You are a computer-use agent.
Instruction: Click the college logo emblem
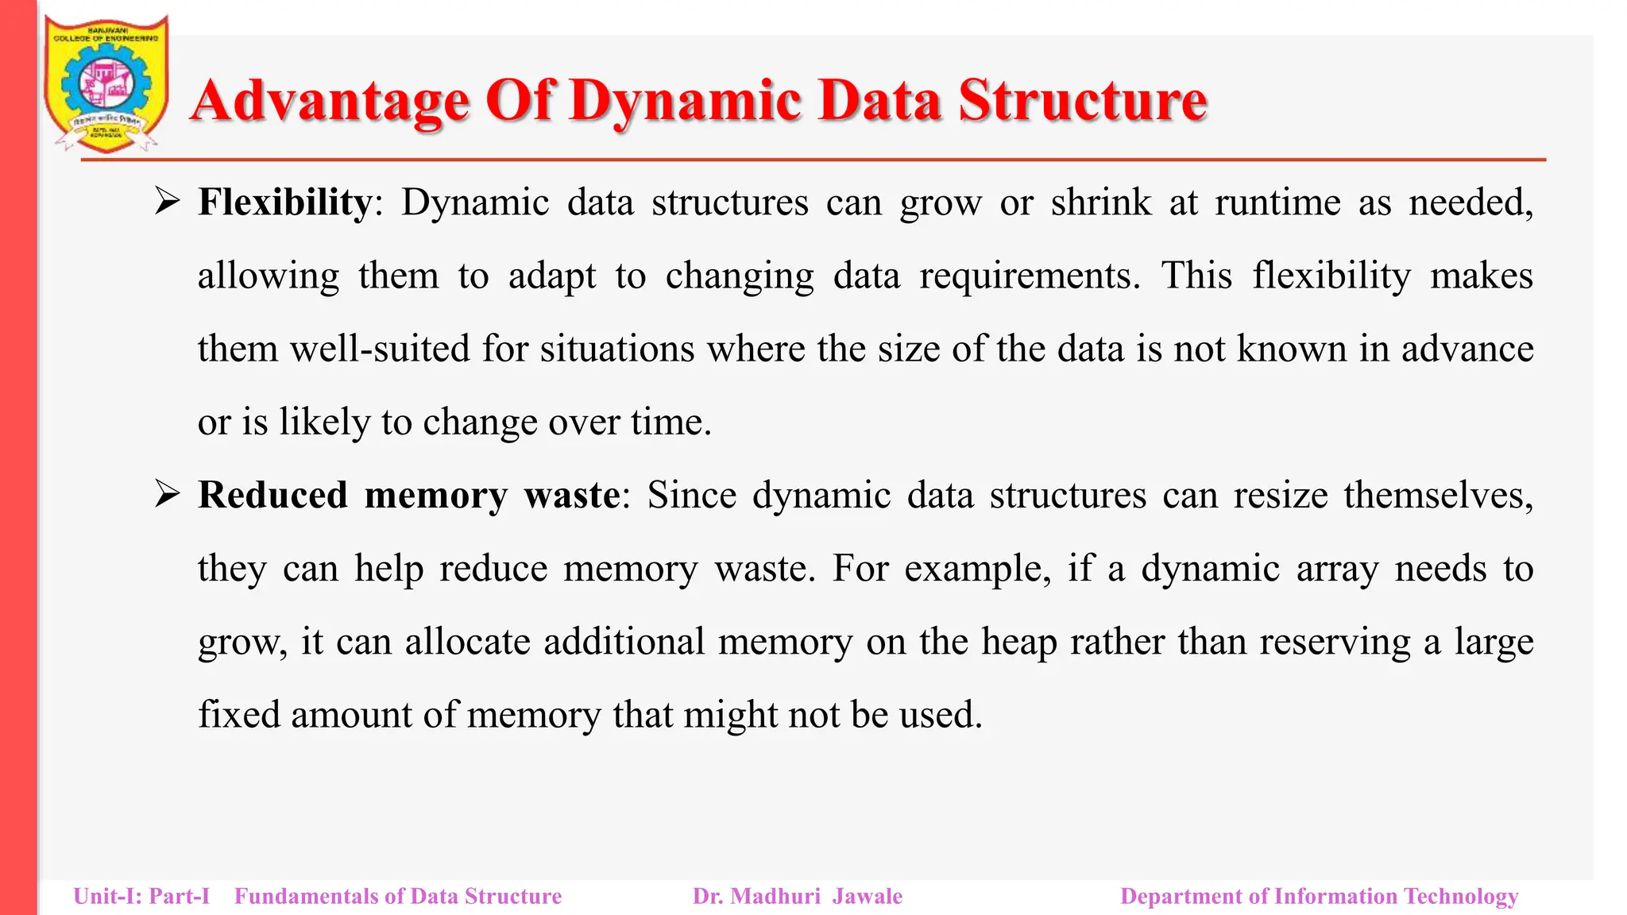point(106,83)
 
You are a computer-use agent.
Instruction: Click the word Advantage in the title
point(330,101)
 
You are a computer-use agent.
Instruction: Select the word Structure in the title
point(1082,101)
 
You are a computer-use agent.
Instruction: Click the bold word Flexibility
point(284,202)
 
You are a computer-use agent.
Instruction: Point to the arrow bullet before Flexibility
point(168,202)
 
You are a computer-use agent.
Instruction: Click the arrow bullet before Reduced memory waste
point(168,495)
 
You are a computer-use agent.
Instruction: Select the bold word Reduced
point(272,495)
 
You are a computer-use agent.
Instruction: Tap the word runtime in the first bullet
point(1277,202)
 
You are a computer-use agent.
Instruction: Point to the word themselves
point(1438,495)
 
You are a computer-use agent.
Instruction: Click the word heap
point(1019,642)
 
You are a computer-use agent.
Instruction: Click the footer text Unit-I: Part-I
point(141,896)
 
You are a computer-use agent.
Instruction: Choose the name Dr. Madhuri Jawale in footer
point(797,896)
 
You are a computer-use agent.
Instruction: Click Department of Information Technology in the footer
point(1319,896)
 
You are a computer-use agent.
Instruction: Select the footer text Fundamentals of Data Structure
point(398,896)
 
